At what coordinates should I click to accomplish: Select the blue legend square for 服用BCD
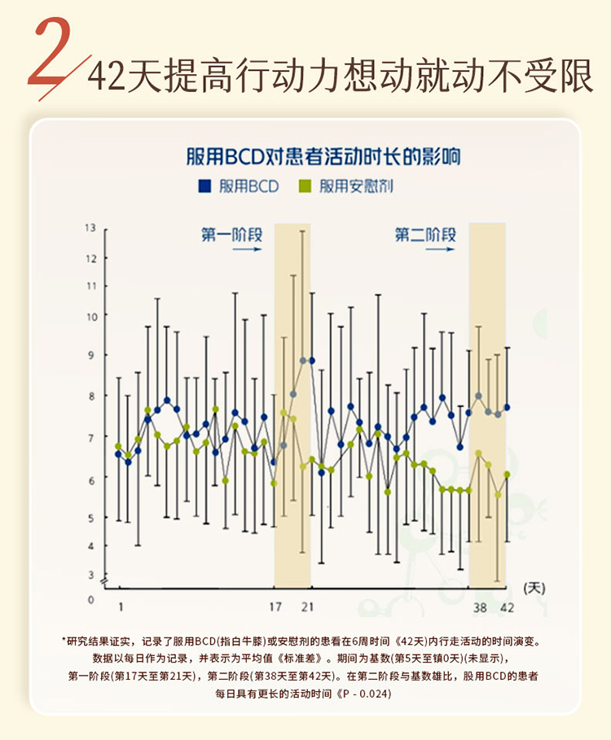[x=204, y=186]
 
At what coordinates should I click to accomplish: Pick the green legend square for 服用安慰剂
[x=306, y=186]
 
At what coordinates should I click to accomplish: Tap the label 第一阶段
[x=232, y=235]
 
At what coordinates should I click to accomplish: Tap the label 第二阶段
[x=425, y=235]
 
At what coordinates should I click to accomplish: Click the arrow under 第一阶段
[x=246, y=251]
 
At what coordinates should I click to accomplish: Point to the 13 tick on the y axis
[x=90, y=228]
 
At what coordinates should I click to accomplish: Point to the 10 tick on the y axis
[x=90, y=316]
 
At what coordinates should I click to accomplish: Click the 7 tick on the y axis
[x=91, y=437]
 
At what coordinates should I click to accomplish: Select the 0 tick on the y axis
[x=91, y=600]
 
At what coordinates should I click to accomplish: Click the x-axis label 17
[x=276, y=606]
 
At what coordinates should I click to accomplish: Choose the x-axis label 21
[x=307, y=606]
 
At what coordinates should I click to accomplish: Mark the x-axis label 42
[x=507, y=606]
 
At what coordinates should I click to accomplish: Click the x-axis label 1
[x=121, y=606]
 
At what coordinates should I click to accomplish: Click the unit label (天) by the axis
[x=534, y=586]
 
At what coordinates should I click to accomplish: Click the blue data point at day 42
[x=507, y=407]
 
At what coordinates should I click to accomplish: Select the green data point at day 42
[x=507, y=474]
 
